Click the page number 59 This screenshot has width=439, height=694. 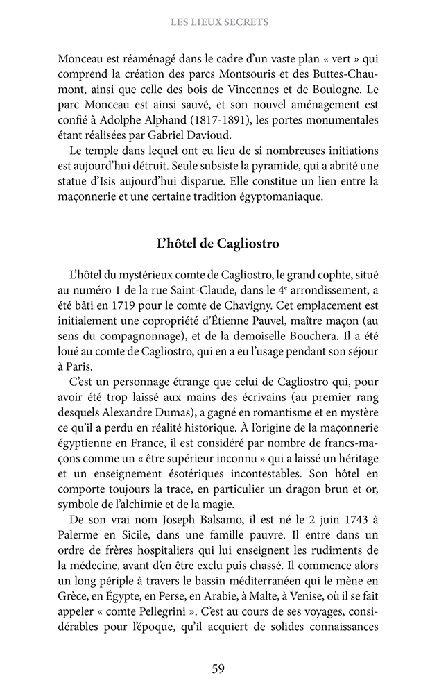tap(218, 669)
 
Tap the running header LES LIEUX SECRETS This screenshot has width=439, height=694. tap(219, 22)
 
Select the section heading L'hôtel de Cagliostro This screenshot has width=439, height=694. tap(219, 244)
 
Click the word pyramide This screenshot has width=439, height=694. tap(267, 167)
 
